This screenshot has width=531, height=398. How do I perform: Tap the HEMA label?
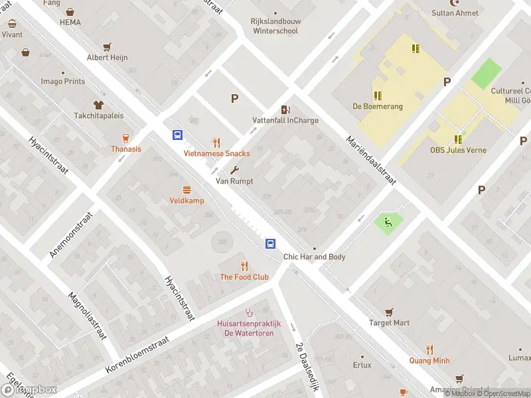(70, 23)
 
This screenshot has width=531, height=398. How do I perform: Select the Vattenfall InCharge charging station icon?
(285, 109)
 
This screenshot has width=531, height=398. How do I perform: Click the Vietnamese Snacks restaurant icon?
(216, 142)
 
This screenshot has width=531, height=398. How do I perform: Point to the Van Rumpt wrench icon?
(234, 170)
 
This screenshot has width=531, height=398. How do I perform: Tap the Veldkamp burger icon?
(187, 190)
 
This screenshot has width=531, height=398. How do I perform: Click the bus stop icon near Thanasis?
(178, 135)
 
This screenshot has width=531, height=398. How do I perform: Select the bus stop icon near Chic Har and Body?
(271, 243)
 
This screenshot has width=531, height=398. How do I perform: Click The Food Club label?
(244, 277)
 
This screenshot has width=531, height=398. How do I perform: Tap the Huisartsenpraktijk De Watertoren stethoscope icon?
(250, 312)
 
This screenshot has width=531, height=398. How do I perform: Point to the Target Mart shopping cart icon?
(389, 312)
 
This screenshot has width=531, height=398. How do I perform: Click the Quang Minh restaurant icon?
(429, 350)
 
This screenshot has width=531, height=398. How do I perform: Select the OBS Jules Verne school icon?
(458, 139)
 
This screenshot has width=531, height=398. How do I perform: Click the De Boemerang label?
(377, 106)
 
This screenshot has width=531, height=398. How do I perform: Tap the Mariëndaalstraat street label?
(370, 161)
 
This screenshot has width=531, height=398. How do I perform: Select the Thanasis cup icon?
(125, 138)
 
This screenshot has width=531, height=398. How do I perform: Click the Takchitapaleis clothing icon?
(99, 104)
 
